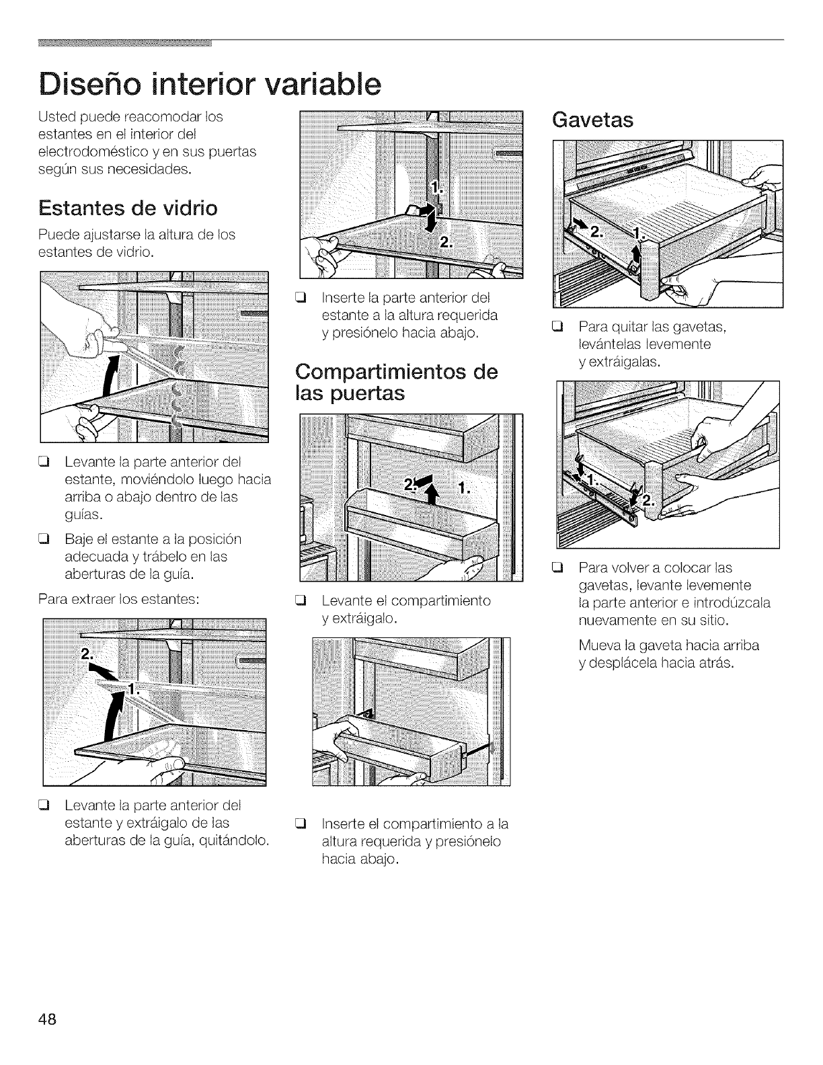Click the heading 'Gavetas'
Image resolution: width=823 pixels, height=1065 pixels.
click(592, 120)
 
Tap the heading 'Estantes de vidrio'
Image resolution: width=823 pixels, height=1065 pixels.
click(128, 208)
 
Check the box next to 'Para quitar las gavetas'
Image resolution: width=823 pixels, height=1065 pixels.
click(556, 328)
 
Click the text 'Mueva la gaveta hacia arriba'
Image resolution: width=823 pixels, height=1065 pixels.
click(668, 645)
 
